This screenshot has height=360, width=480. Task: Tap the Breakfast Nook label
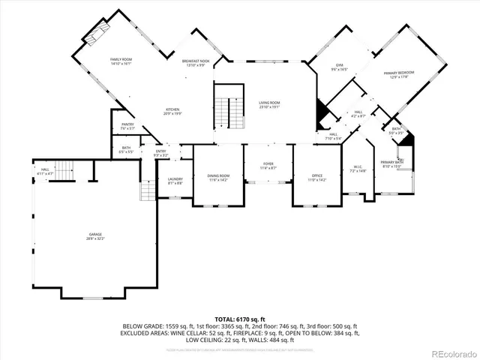[x=195, y=63]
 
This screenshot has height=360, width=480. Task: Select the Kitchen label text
[x=173, y=110]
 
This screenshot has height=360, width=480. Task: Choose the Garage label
[x=94, y=237]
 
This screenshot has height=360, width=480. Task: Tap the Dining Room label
[x=218, y=177]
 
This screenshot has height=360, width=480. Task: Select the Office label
[x=317, y=177]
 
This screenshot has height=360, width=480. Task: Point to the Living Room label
[x=269, y=104]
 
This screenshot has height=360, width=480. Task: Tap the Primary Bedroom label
[x=400, y=74]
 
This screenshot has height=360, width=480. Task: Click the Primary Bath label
[x=391, y=163]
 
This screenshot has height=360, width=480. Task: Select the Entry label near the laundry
[x=161, y=154]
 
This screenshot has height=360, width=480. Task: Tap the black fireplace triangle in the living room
[x=321, y=114]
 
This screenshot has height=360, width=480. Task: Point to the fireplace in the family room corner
[x=95, y=32]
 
